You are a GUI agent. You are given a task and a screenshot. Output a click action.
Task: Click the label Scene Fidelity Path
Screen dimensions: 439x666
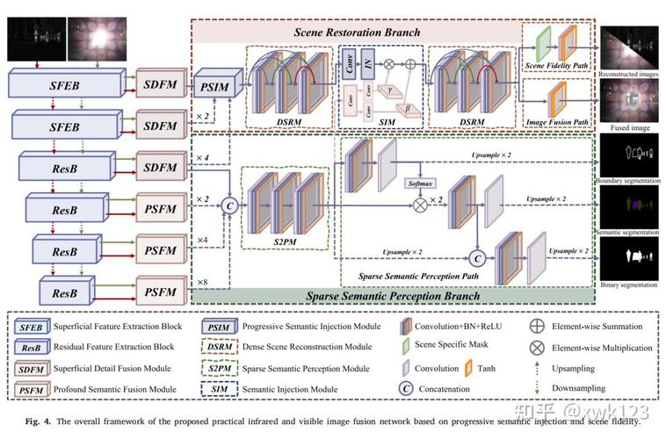click(556, 66)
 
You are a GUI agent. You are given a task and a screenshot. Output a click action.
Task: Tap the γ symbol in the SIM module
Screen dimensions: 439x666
click(388, 90)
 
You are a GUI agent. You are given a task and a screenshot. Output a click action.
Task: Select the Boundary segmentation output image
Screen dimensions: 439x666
click(630, 159)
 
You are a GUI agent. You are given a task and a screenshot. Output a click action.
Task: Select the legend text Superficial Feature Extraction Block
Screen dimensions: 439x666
click(116, 327)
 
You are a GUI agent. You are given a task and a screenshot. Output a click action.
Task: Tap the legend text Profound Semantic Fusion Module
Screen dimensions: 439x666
click(114, 389)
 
